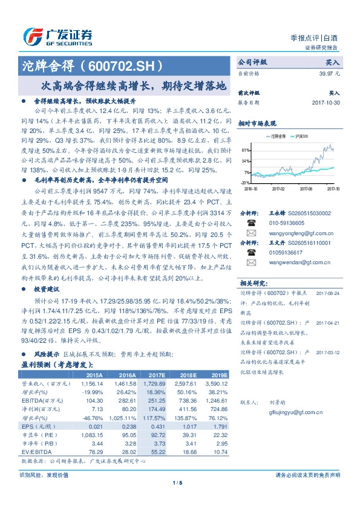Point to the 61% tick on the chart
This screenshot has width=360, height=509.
(244, 149)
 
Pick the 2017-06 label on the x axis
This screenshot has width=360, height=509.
(306, 188)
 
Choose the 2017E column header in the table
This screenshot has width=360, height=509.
(155, 375)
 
